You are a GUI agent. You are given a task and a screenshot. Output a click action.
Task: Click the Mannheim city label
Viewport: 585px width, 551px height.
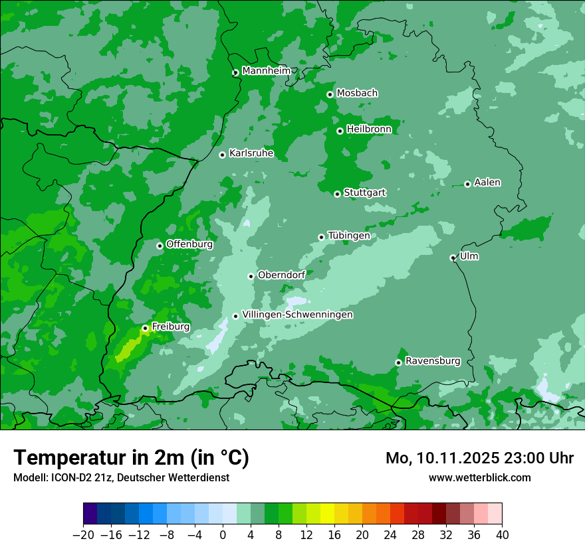pyautogui.click(x=266, y=71)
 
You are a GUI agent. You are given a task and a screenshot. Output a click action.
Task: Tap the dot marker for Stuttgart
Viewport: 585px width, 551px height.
pyautogui.click(x=337, y=194)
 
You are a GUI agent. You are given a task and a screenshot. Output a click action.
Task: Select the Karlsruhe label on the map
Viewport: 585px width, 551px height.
pyautogui.click(x=251, y=153)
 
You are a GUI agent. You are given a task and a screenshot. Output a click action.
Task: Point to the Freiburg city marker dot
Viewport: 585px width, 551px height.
pyautogui.click(x=145, y=328)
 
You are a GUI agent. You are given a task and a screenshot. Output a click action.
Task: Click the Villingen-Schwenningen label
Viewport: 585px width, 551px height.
pyautogui.click(x=297, y=315)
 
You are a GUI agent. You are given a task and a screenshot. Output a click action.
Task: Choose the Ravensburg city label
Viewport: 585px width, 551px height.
pyautogui.click(x=432, y=361)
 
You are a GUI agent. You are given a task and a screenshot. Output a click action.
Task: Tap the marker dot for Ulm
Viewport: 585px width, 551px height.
pyautogui.click(x=453, y=258)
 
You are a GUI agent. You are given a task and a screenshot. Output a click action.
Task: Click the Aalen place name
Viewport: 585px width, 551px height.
pyautogui.click(x=487, y=183)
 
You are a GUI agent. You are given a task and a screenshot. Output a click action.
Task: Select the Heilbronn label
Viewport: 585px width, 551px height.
pyautogui.click(x=369, y=129)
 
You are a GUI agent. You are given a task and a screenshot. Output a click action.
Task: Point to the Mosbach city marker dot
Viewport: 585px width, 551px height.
pyautogui.click(x=330, y=94)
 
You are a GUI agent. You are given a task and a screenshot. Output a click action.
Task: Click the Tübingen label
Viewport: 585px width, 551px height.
pyautogui.click(x=348, y=236)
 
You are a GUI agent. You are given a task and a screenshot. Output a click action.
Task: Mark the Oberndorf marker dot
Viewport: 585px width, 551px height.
pyautogui.click(x=251, y=276)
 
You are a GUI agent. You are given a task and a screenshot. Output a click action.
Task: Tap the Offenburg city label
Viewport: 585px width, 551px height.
pyautogui.click(x=189, y=244)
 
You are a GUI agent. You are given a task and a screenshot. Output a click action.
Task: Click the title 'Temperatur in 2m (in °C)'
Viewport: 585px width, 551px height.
pyautogui.click(x=131, y=458)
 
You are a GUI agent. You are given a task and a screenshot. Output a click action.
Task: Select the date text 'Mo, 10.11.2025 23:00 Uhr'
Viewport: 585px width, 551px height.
pyautogui.click(x=479, y=458)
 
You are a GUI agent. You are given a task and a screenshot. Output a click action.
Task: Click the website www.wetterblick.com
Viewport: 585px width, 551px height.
pyautogui.click(x=479, y=477)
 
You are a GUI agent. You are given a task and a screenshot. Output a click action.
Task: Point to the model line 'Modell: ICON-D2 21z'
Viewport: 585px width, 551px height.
pyautogui.click(x=121, y=477)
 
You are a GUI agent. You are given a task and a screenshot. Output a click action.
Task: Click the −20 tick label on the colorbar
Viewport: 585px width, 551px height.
pyautogui.click(x=83, y=535)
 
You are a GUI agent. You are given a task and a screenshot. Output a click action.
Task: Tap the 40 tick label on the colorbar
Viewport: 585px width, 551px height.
pyautogui.click(x=502, y=535)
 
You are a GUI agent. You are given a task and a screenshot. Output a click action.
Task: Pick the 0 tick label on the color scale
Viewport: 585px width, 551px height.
pyautogui.click(x=223, y=535)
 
